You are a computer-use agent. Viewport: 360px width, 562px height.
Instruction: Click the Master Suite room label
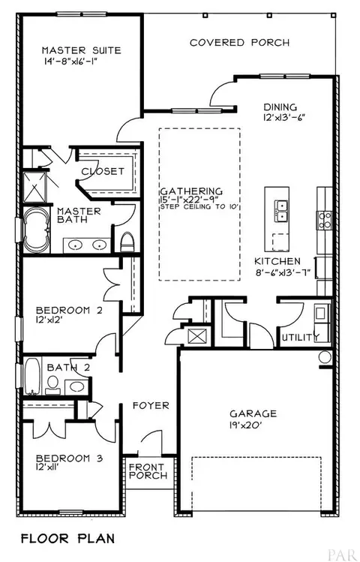[x=81, y=50]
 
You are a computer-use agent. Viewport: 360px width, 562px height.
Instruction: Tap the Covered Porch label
[x=239, y=43]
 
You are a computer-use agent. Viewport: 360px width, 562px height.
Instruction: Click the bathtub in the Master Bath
[x=36, y=230]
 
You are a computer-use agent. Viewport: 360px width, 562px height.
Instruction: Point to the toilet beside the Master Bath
[x=127, y=242]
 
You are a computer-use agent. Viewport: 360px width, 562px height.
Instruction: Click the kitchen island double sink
[x=281, y=212]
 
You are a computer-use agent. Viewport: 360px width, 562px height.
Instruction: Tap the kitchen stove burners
[x=325, y=220]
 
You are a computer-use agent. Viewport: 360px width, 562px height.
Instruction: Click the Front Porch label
[x=148, y=471]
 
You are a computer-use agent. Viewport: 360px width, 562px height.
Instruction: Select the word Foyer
[x=151, y=406]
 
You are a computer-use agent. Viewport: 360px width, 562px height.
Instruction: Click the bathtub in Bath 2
[x=32, y=377]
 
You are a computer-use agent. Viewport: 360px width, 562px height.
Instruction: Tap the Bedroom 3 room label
[x=70, y=458]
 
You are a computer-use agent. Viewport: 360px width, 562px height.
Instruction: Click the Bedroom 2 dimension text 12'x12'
[x=52, y=320]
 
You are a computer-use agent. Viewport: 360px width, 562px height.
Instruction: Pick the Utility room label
[x=301, y=337]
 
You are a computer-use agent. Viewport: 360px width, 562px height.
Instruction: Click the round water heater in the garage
[x=325, y=357]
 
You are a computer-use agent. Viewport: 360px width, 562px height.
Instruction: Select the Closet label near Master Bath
[x=103, y=171]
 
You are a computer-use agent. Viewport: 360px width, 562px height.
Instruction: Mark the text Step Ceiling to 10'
[x=200, y=207]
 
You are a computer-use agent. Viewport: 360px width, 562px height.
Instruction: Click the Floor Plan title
[x=67, y=538]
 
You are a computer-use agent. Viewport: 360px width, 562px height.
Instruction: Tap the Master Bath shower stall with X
[x=34, y=188]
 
